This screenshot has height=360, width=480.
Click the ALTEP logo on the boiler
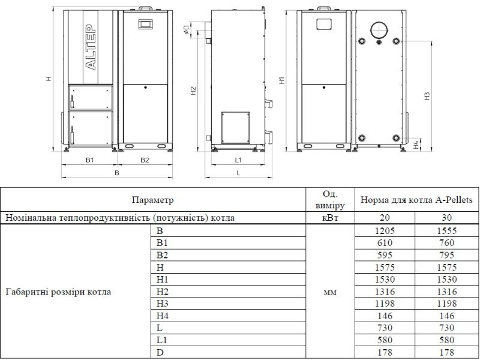tap(91, 47)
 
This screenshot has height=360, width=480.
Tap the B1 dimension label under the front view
tap(89, 160)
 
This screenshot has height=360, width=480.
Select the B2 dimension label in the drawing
tap(145, 160)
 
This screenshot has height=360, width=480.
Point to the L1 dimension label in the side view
tap(238, 160)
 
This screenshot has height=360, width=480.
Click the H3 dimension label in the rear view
tap(428, 96)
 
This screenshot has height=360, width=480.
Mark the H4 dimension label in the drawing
tap(416, 145)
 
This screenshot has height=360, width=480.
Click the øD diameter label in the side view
tap(186, 30)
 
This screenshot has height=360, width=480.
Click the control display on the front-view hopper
tap(145, 24)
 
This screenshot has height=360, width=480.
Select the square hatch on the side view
tap(235, 128)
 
